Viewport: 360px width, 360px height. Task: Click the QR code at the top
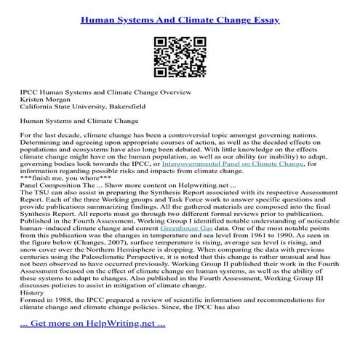coord(180,56)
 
